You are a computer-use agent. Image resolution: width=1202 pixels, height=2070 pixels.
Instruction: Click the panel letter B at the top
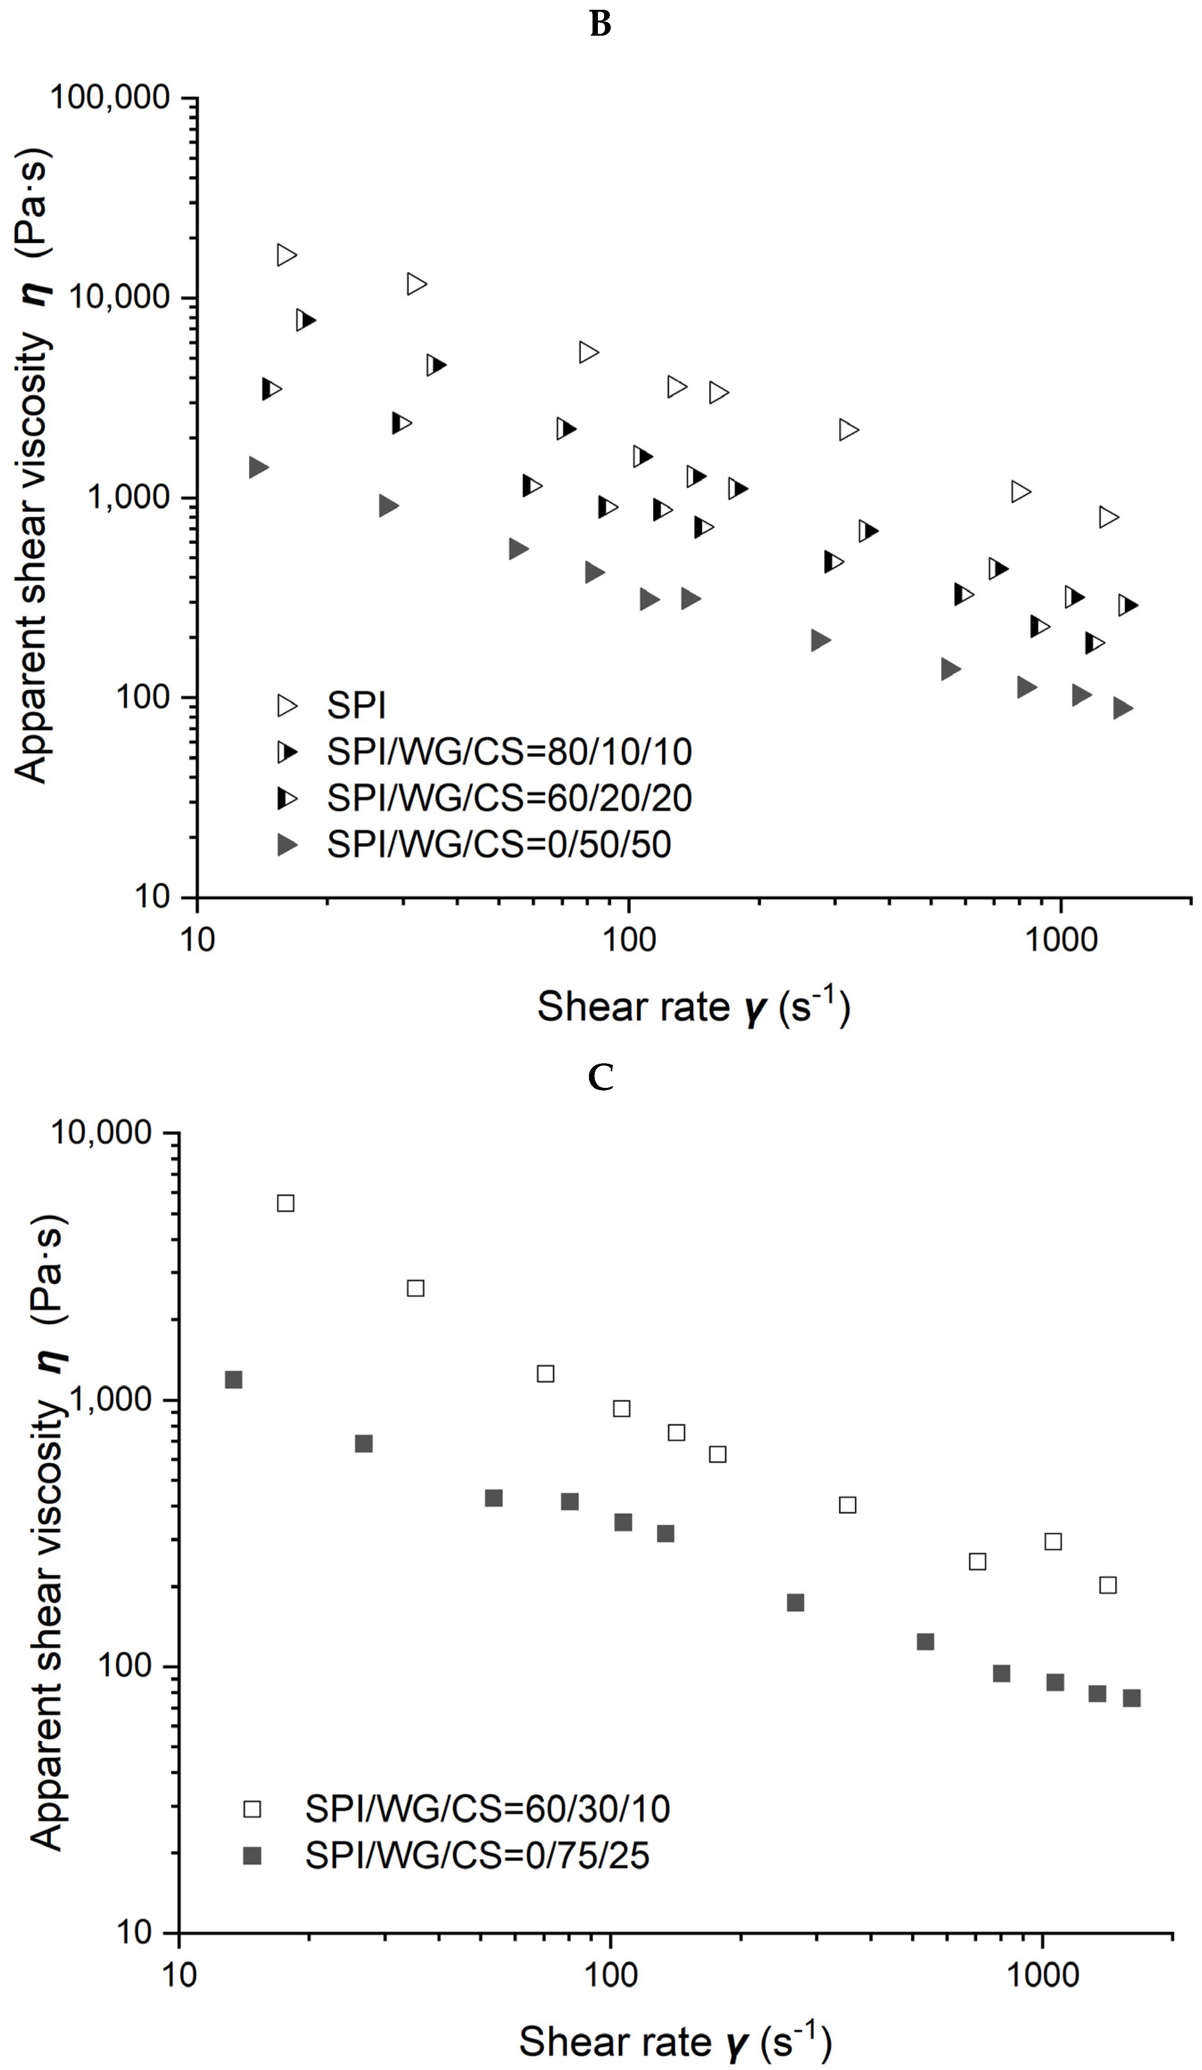[600, 25]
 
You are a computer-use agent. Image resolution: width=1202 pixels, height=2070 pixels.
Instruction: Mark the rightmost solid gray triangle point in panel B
[1122, 708]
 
